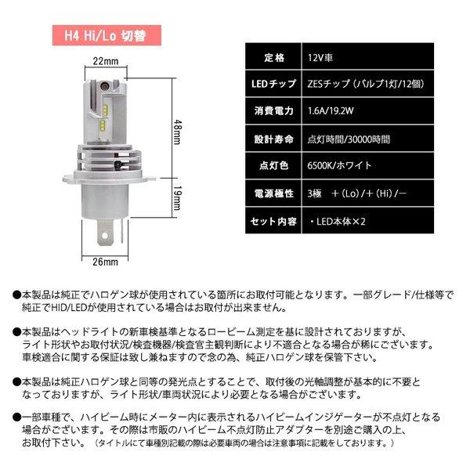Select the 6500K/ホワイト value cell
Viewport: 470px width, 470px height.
[x=341, y=166]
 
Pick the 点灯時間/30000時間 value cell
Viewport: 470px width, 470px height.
[x=349, y=139]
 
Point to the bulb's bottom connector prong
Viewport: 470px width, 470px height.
[x=104, y=235]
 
